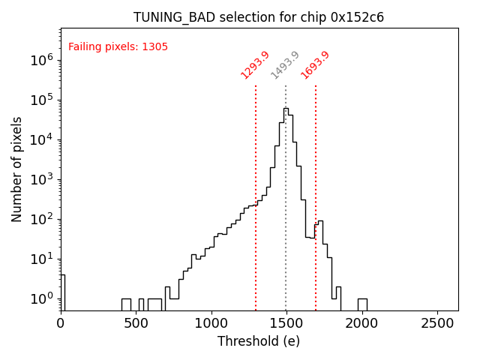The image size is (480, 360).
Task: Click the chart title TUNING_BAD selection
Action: [x=259, y=17]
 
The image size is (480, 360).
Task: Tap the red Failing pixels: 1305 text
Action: [x=118, y=46]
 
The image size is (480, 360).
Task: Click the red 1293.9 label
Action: [x=255, y=64]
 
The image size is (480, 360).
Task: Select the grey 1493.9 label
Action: [x=285, y=64]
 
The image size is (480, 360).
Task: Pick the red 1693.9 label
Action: [x=315, y=64]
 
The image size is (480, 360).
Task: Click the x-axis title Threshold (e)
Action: [x=259, y=341]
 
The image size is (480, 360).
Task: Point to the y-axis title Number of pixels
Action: [x=17, y=169]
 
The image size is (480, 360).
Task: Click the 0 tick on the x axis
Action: [x=61, y=324]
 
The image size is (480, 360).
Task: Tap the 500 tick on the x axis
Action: [x=136, y=324]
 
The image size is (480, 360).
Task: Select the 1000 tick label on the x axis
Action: [x=211, y=324]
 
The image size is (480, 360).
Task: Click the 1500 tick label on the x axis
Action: [x=286, y=324]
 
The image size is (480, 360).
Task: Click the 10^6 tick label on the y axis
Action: [x=42, y=60]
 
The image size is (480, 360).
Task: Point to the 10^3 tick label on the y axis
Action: [x=42, y=179]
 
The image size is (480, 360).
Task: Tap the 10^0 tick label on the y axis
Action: [x=42, y=298]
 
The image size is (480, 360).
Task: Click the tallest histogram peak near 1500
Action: [x=286, y=109]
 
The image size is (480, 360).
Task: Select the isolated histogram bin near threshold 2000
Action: [x=362, y=304]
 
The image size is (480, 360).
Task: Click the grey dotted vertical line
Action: [x=286, y=225]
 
